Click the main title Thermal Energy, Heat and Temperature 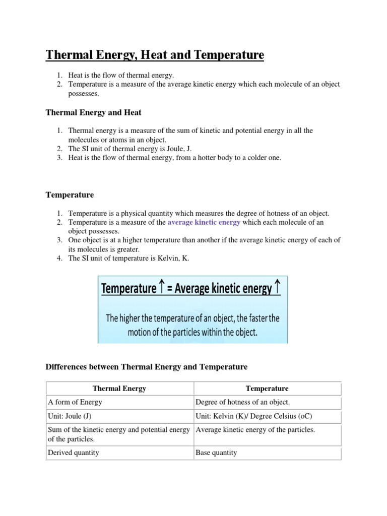[155, 54]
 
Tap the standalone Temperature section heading [70, 195]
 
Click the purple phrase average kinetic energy [204, 222]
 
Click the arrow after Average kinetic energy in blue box [278, 288]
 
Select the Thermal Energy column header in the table [119, 389]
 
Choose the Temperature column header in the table [267, 389]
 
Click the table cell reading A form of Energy [75, 402]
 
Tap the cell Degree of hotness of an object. [242, 402]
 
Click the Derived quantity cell [74, 453]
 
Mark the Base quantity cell [216, 453]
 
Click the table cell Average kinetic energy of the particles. [255, 430]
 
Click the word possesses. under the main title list [84, 94]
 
